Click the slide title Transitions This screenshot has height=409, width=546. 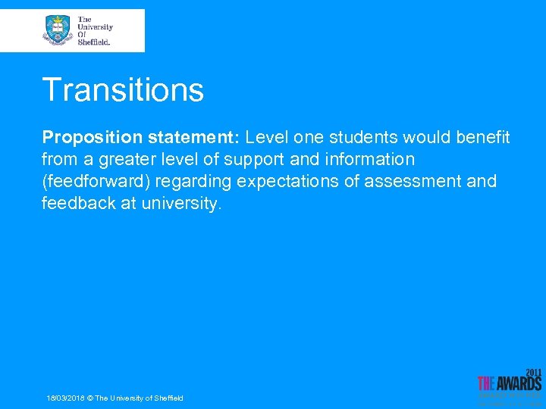pyautogui.click(x=123, y=89)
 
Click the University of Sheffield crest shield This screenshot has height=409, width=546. pyautogui.click(x=58, y=30)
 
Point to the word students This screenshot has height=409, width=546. pyautogui.click(x=361, y=138)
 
